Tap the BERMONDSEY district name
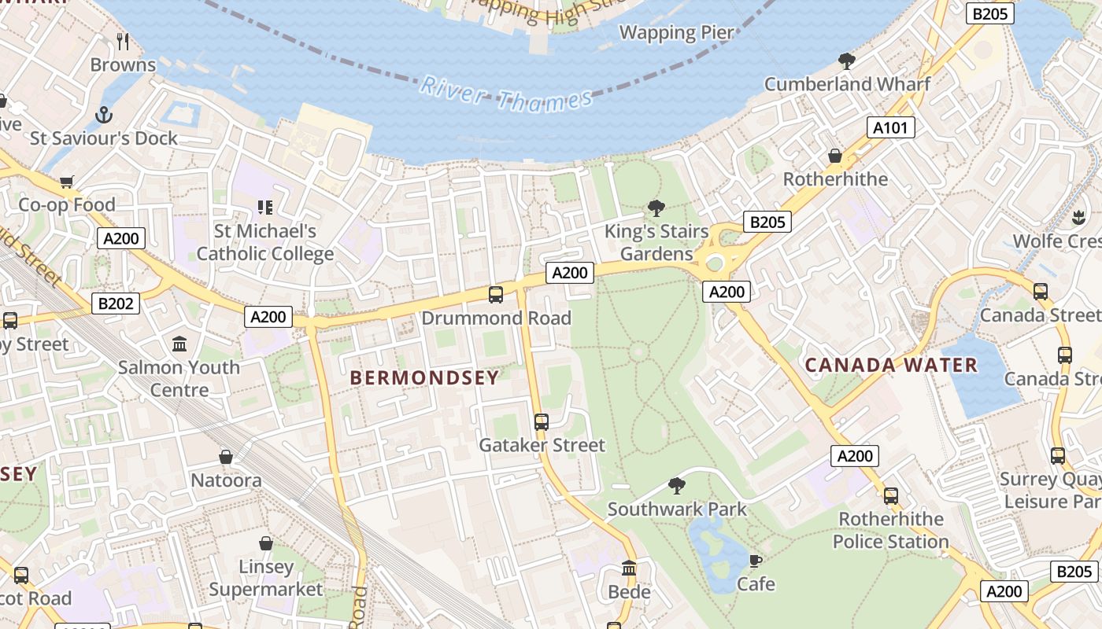click(424, 378)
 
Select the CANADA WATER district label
click(891, 365)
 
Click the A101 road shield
click(891, 127)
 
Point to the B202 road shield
click(116, 303)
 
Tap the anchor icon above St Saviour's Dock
click(104, 116)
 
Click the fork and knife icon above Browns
click(123, 41)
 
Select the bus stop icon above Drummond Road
click(496, 295)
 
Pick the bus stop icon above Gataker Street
click(542, 422)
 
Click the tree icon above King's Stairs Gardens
click(656, 208)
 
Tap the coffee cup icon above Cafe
click(756, 561)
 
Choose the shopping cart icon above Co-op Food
click(67, 182)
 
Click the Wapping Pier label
click(677, 33)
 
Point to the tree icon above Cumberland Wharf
click(847, 61)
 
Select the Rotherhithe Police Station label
click(891, 531)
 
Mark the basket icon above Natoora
click(226, 457)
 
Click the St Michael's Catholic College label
click(265, 242)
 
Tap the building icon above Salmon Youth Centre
click(179, 344)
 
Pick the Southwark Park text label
click(677, 509)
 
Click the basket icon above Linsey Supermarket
click(266, 543)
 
